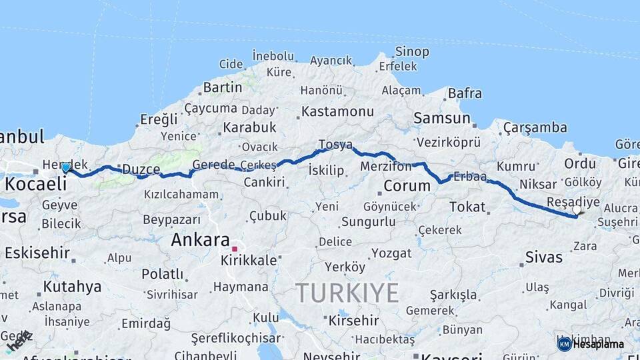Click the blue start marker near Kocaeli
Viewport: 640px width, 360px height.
click(65, 167)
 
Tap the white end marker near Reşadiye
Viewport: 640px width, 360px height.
click(577, 210)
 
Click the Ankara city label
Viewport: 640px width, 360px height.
click(200, 240)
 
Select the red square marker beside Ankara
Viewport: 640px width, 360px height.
click(235, 249)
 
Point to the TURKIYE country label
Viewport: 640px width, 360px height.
click(347, 293)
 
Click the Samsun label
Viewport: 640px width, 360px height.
click(442, 118)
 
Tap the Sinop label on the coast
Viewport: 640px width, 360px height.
click(412, 51)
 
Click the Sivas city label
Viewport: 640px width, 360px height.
click(543, 257)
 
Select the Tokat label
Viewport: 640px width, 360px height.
click(467, 207)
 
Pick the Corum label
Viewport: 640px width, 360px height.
click(407, 185)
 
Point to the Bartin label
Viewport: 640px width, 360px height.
click(222, 87)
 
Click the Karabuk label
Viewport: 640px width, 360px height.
click(249, 127)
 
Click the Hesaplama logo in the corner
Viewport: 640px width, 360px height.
click(591, 344)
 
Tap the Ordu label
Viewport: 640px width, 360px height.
click(580, 163)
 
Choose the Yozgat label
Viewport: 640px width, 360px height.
click(391, 253)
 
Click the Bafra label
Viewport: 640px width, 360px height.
click(465, 93)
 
